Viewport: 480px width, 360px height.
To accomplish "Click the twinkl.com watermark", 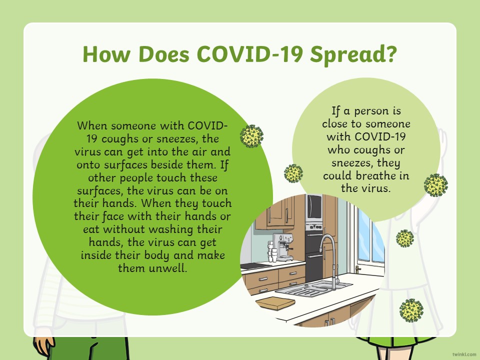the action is pyautogui.click(x=464, y=354).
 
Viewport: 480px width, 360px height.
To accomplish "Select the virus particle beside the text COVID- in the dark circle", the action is pyautogui.click(x=251, y=136).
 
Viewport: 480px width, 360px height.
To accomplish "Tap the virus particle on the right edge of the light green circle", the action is pyautogui.click(x=435, y=185).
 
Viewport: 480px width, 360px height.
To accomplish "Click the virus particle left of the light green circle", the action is pyautogui.click(x=293, y=173).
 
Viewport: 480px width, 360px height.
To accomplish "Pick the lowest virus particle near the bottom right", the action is pyautogui.click(x=411, y=310).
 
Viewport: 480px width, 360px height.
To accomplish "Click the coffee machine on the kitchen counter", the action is pyautogui.click(x=282, y=246).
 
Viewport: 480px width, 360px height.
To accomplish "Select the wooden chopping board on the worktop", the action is pyautogui.click(x=275, y=303).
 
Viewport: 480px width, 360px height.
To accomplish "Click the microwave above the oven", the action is pyautogui.click(x=314, y=208).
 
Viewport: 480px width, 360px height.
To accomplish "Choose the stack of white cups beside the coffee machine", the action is pyautogui.click(x=272, y=251).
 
